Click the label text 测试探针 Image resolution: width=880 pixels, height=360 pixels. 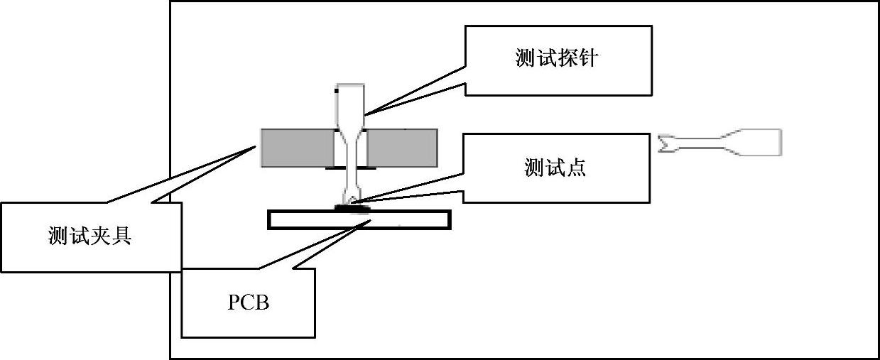556,59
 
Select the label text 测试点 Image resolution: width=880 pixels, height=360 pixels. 555,168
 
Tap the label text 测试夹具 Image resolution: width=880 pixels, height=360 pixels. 90,236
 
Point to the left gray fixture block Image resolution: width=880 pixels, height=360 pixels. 297,148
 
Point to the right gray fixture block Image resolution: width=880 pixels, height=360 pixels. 401,148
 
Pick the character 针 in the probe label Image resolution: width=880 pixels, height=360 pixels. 587,59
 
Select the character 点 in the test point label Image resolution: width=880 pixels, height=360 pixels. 577,168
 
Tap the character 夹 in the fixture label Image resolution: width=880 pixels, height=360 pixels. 101,236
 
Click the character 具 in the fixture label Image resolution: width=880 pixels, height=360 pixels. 121,236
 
